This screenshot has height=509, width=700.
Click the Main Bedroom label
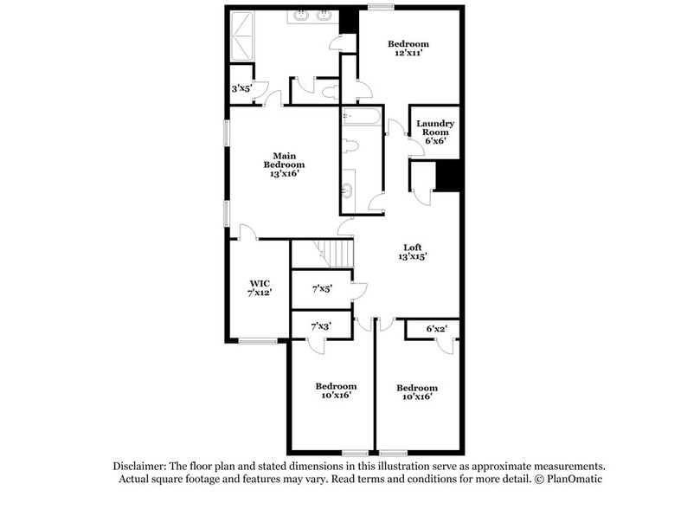(284, 164)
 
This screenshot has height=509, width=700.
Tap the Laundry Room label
(434, 132)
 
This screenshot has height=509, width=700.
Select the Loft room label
(413, 252)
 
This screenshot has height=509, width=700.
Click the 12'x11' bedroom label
(408, 48)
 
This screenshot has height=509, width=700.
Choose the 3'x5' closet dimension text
(241, 88)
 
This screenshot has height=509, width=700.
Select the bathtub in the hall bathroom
(361, 119)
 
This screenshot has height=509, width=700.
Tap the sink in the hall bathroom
(348, 191)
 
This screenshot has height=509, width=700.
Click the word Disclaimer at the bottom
(141, 465)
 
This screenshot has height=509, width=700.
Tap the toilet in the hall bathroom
(349, 145)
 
